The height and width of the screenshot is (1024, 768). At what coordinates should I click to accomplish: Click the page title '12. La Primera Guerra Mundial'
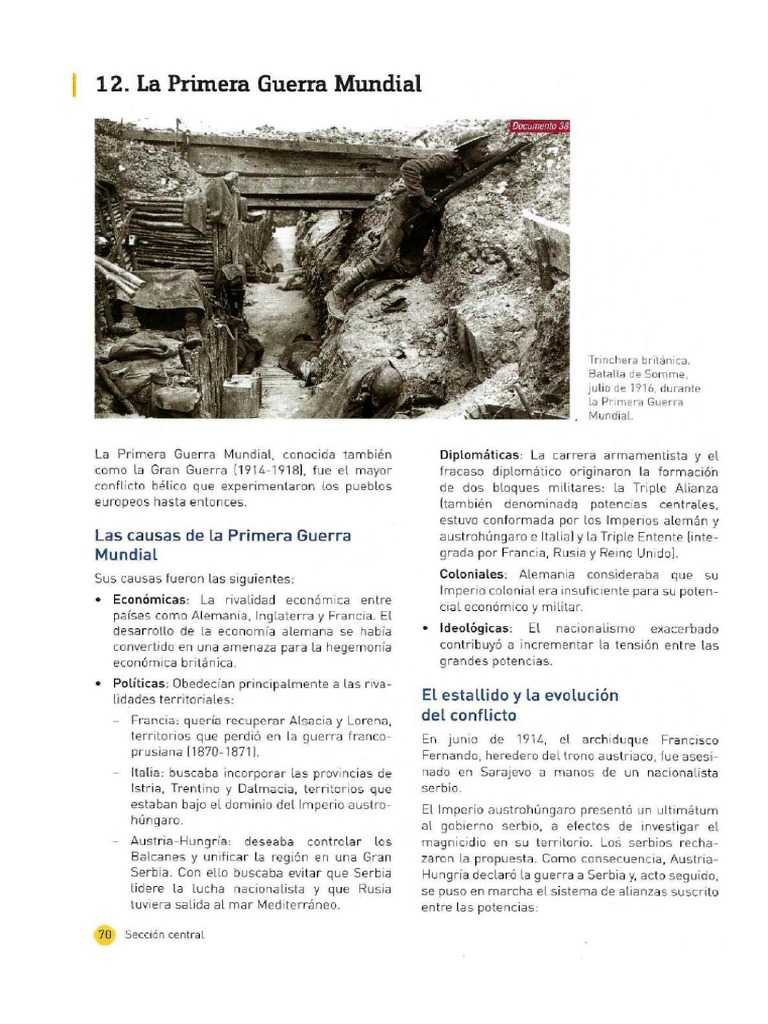coord(258,84)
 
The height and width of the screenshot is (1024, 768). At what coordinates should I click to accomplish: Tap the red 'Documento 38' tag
coord(539,126)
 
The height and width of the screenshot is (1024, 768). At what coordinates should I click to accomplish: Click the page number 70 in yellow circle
coord(105,934)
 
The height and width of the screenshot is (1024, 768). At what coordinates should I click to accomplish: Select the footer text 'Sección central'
coord(164,934)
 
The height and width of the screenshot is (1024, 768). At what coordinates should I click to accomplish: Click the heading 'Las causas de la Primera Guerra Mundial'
coord(222,544)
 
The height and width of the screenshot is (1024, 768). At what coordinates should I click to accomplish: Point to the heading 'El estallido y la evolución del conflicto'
coord(520,704)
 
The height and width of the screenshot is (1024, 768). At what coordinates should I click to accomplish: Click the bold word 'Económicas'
coord(149,598)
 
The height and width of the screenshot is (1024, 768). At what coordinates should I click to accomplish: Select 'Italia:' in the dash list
coord(150,773)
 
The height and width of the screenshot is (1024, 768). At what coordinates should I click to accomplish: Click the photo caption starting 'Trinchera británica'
coord(644,386)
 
